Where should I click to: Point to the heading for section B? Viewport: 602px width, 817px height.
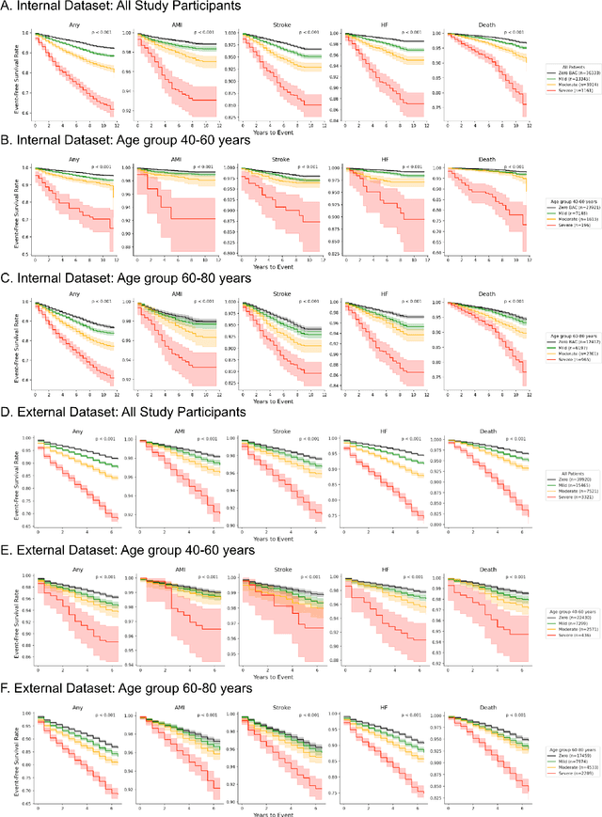[x=120, y=148]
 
